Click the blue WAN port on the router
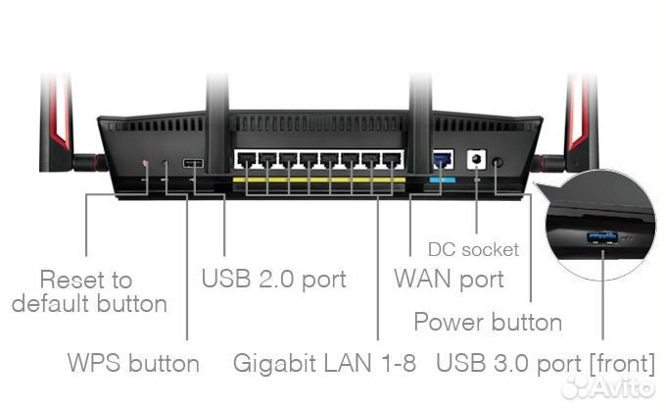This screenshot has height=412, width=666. (443, 159)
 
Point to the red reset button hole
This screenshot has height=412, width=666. (146, 163)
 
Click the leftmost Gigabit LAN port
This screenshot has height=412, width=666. (245, 160)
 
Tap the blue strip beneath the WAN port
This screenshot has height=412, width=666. (443, 180)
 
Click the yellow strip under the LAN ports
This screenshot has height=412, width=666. (318, 181)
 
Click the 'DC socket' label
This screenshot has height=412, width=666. (473, 250)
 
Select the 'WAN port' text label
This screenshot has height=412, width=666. (449, 279)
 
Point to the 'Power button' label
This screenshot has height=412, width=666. (488, 322)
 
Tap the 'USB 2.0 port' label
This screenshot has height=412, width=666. (273, 279)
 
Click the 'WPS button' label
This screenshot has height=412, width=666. (133, 364)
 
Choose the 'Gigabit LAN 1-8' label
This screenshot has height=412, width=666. (324, 364)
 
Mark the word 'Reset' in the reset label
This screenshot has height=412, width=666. (71, 280)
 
